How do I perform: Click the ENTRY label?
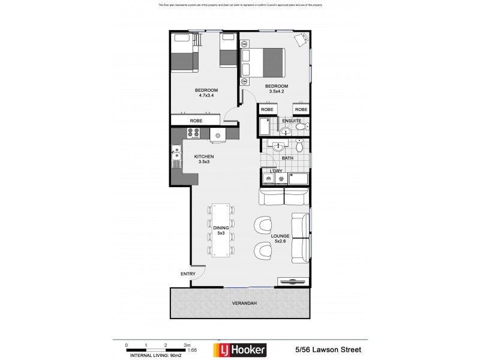pos(188,274)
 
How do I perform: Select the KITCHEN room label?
pos(205,157)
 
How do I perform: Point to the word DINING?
pos(221,228)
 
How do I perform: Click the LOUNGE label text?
pos(280,236)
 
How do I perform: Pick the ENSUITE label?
pos(292,121)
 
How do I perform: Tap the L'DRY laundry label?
pos(275,171)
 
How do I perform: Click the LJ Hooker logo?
pos(240,349)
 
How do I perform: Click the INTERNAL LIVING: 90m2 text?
pos(151,354)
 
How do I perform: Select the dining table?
pos(221,230)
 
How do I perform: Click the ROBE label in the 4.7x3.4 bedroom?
pos(196,121)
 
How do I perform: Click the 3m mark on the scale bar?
pos(187,346)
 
